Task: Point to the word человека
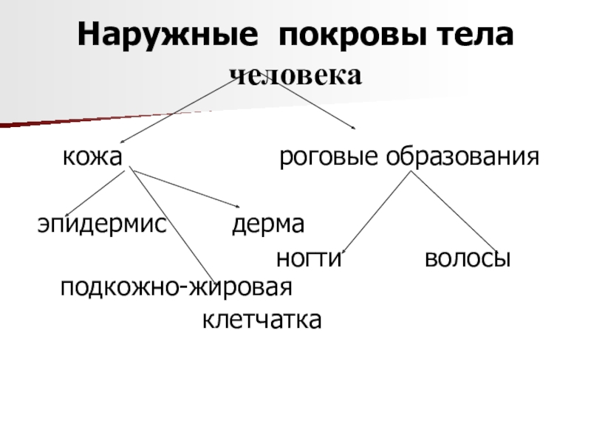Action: (295, 75)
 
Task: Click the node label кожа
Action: (92, 157)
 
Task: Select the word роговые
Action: (322, 157)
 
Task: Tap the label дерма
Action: (269, 223)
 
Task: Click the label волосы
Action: (468, 260)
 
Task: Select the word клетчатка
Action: (262, 320)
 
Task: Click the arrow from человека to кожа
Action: (177, 111)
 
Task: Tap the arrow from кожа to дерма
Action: (188, 189)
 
